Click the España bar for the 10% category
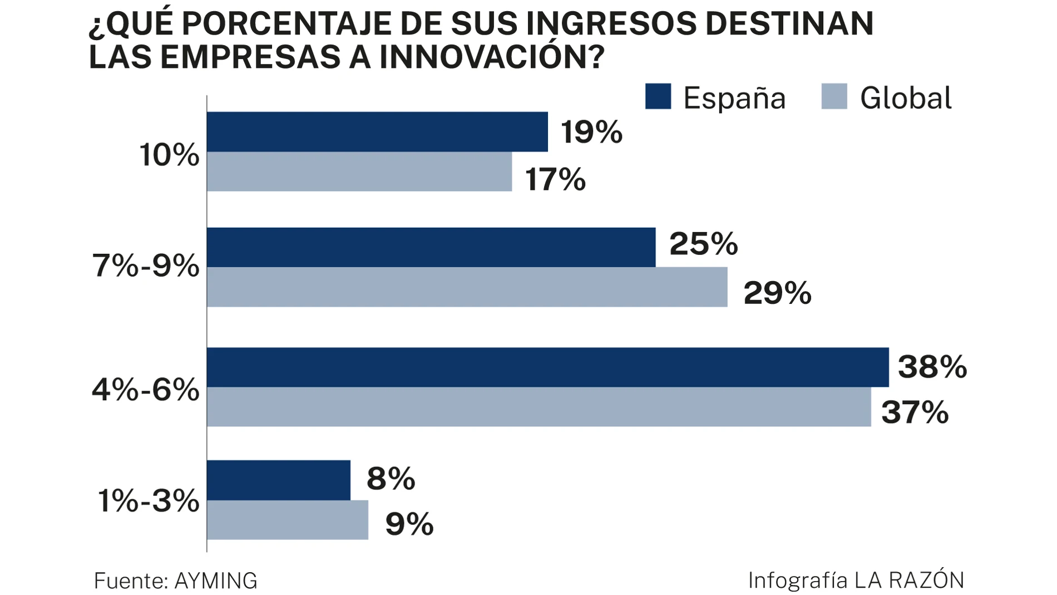377,132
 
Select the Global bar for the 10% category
359,171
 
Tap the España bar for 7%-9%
431,247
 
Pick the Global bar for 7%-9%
467,287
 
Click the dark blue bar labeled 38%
548,367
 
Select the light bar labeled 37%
539,407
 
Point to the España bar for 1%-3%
279,480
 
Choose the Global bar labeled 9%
288,520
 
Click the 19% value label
591,132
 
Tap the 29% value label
777,293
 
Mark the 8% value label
391,479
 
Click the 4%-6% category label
146,390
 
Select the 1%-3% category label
149,501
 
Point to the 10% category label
169,155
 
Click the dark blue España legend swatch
658,96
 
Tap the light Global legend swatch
834,96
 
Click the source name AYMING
216,581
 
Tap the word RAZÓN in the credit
926,580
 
